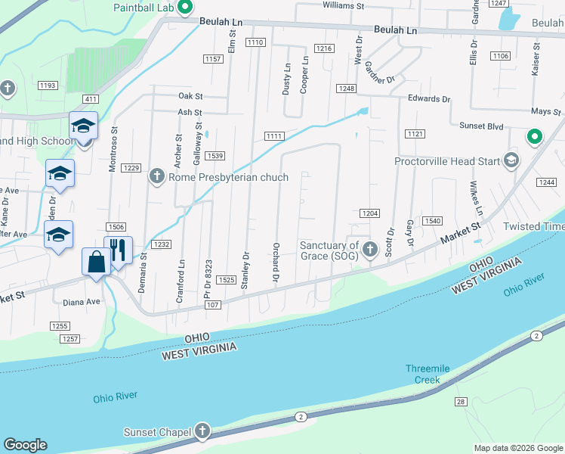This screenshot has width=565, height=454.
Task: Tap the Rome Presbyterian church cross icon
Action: (x=156, y=177)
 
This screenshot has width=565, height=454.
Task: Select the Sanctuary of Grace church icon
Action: (x=370, y=250)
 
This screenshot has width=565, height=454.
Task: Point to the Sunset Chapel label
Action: (x=156, y=432)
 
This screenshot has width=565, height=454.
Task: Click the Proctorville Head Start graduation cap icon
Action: (x=511, y=160)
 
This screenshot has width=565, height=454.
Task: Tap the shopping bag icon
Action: (x=97, y=263)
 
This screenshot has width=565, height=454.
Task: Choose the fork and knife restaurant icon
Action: (x=118, y=250)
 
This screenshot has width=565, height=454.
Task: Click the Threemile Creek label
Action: (x=427, y=374)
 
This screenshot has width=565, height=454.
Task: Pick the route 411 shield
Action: (x=91, y=99)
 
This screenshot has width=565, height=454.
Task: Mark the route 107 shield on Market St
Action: (x=211, y=305)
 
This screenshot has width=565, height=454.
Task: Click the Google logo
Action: (x=25, y=445)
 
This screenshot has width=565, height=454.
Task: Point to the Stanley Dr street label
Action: (x=245, y=269)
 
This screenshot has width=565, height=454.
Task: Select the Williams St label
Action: (x=343, y=5)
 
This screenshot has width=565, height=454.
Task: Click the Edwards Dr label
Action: (x=428, y=99)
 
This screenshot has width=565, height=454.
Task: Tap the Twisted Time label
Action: (x=534, y=226)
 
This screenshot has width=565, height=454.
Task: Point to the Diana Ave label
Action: (x=82, y=301)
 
